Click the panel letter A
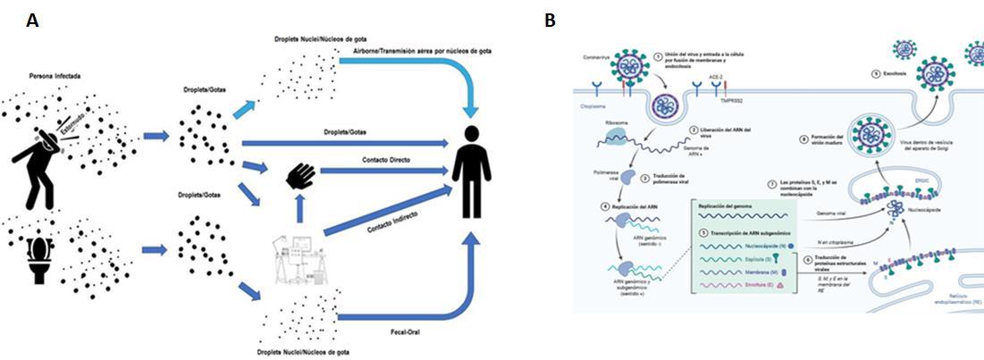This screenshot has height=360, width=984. pos(32,21)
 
